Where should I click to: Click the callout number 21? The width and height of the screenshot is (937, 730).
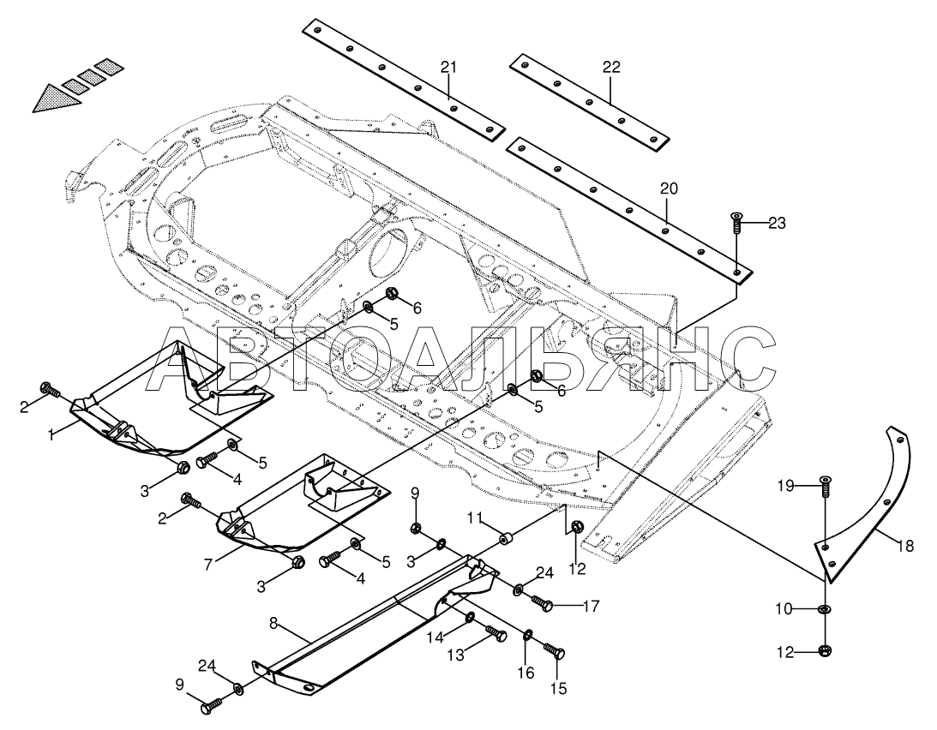click(449, 67)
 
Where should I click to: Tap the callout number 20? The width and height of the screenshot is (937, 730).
click(668, 188)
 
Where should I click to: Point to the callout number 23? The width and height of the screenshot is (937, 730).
click(776, 224)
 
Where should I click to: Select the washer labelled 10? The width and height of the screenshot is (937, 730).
click(824, 609)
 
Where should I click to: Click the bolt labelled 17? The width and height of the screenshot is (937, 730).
click(541, 603)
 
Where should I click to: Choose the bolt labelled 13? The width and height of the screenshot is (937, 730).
click(495, 634)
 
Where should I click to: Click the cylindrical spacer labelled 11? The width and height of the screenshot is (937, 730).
click(507, 540)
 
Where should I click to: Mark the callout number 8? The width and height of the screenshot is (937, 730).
click(273, 624)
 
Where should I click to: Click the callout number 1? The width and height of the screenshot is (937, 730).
click(51, 434)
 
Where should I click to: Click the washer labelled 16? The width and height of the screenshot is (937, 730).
click(528, 634)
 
